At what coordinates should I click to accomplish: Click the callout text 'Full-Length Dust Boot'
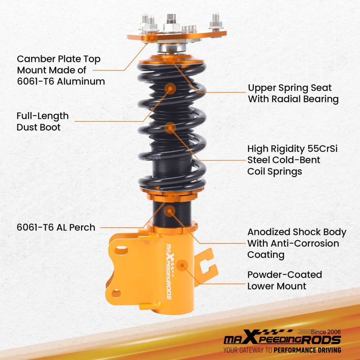click(x=42, y=121)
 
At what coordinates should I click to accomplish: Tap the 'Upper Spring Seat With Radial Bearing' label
click(x=293, y=93)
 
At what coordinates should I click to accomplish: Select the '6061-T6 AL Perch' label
click(x=56, y=227)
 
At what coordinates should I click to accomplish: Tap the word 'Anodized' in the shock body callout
click(x=268, y=232)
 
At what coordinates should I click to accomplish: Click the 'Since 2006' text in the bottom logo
click(x=326, y=332)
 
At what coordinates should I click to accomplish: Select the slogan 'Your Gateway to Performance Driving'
click(x=282, y=350)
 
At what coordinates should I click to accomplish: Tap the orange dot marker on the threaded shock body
click(x=170, y=210)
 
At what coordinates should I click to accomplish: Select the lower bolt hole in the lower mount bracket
click(x=116, y=293)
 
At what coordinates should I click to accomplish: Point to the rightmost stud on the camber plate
click(x=216, y=22)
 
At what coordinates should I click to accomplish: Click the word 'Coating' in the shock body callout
click(x=266, y=255)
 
